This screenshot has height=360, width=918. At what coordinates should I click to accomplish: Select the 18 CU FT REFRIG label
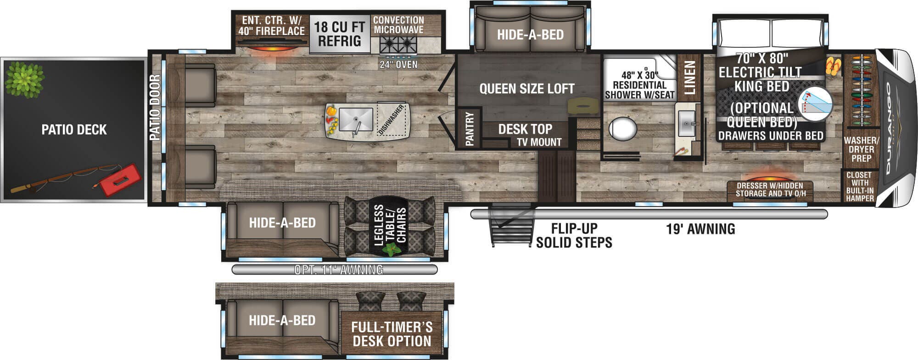[340, 34]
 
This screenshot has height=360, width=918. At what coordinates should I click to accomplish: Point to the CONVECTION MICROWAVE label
[398, 25]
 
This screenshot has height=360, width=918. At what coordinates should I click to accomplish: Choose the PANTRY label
[469, 129]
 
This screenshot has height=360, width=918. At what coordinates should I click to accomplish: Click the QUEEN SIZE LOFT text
[527, 89]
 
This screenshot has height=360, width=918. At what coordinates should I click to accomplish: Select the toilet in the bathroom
[623, 128]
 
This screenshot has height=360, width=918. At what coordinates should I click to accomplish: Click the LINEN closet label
[690, 78]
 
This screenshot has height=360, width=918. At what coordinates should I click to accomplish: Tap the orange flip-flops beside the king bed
[833, 66]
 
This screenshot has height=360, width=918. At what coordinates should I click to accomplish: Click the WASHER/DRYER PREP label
[862, 149]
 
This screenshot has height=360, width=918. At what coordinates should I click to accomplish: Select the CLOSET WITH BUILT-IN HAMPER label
[860, 186]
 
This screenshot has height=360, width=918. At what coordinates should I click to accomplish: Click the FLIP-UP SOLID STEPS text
[574, 235]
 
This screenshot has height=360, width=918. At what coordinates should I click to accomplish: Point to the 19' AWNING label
[700, 229]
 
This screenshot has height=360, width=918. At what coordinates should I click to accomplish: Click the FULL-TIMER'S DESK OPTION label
[392, 334]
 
